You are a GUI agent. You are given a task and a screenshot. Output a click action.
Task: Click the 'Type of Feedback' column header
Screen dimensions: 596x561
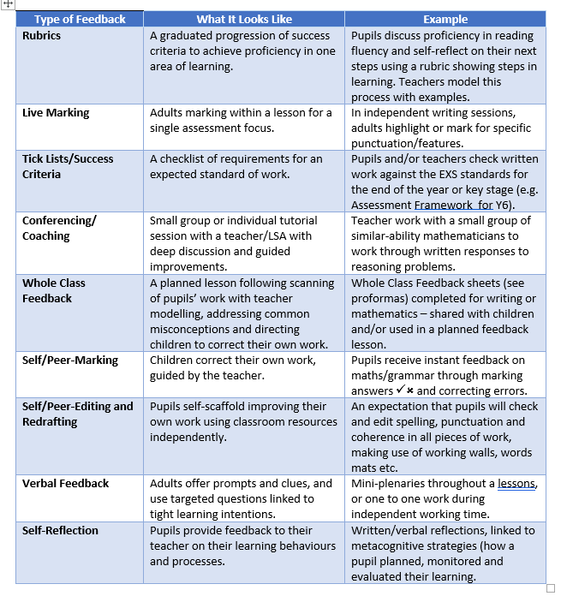tap(80, 19)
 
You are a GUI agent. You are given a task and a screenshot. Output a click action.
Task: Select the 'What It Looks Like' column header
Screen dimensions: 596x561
tap(243, 19)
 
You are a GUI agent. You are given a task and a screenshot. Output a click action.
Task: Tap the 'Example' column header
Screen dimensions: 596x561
tap(445, 19)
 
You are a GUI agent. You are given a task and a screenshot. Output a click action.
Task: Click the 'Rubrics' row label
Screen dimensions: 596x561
tap(42, 36)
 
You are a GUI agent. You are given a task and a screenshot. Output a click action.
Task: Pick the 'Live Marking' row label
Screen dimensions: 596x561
tap(56, 113)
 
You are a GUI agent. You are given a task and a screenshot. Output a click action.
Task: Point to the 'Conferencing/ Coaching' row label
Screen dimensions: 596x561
tap(59, 228)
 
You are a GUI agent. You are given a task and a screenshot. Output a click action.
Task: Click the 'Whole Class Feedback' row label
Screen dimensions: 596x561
tap(54, 290)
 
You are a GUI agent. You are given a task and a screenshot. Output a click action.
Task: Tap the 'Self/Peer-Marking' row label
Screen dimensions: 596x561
tap(70, 360)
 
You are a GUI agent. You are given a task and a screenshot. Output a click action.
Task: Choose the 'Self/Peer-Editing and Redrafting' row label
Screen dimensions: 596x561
tap(77, 414)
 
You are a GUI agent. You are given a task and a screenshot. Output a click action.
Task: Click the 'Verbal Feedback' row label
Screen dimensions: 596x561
tap(65, 484)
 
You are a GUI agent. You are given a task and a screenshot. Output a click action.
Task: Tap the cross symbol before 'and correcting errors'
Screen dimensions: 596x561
tap(409, 391)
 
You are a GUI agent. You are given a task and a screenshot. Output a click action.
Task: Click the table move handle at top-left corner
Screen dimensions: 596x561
tap(8, 4)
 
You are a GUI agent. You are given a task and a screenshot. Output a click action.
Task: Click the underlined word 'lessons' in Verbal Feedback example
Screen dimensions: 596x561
tap(517, 484)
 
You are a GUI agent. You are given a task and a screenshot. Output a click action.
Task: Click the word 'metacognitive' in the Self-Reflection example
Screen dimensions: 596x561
tap(391, 546)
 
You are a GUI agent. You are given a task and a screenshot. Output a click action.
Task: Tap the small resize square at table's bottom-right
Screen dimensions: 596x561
tap(550, 588)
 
